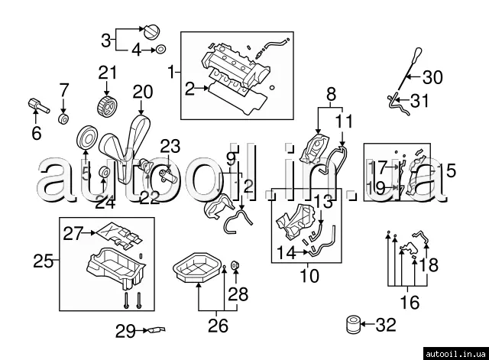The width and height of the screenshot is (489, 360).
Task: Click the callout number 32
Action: (x=386, y=326)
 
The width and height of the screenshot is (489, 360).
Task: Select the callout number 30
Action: (x=432, y=77)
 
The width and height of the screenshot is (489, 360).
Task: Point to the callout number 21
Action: (x=107, y=73)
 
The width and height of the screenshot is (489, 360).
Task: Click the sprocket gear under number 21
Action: (x=108, y=105)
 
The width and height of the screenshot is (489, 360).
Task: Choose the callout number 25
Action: (x=44, y=261)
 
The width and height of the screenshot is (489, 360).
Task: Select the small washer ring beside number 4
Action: (x=160, y=50)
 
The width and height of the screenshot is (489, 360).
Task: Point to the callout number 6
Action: (x=36, y=135)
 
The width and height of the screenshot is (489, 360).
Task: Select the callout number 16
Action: (x=410, y=303)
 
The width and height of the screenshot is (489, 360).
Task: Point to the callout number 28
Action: (x=238, y=294)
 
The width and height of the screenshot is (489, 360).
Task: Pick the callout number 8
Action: (x=331, y=96)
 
